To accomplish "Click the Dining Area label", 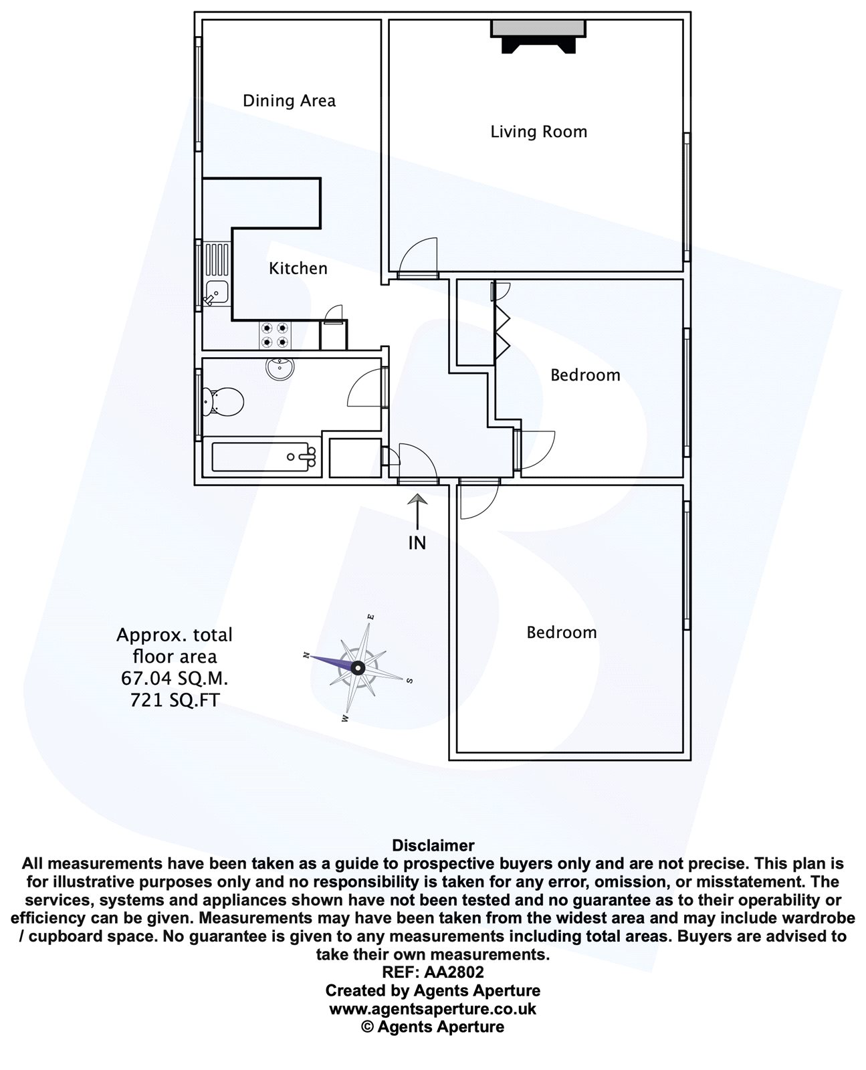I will click(x=289, y=101).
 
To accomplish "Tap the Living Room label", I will click(x=538, y=132).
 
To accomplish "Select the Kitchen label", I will click(x=298, y=268).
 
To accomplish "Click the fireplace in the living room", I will click(x=539, y=37).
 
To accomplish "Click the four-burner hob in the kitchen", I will click(x=276, y=334).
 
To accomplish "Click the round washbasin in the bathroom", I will click(x=279, y=368).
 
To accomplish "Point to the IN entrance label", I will click(x=417, y=542).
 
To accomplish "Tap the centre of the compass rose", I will click(x=358, y=667).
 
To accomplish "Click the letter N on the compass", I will click(x=306, y=655).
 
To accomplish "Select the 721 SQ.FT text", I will click(x=175, y=701).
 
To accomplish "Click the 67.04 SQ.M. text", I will click(x=175, y=679).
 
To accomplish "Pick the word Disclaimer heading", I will click(x=433, y=845).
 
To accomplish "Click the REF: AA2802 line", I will click(x=433, y=972).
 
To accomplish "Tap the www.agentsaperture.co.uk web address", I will click(x=433, y=1008).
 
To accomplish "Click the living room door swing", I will click(x=420, y=258).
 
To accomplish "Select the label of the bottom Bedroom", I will click(x=561, y=633).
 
